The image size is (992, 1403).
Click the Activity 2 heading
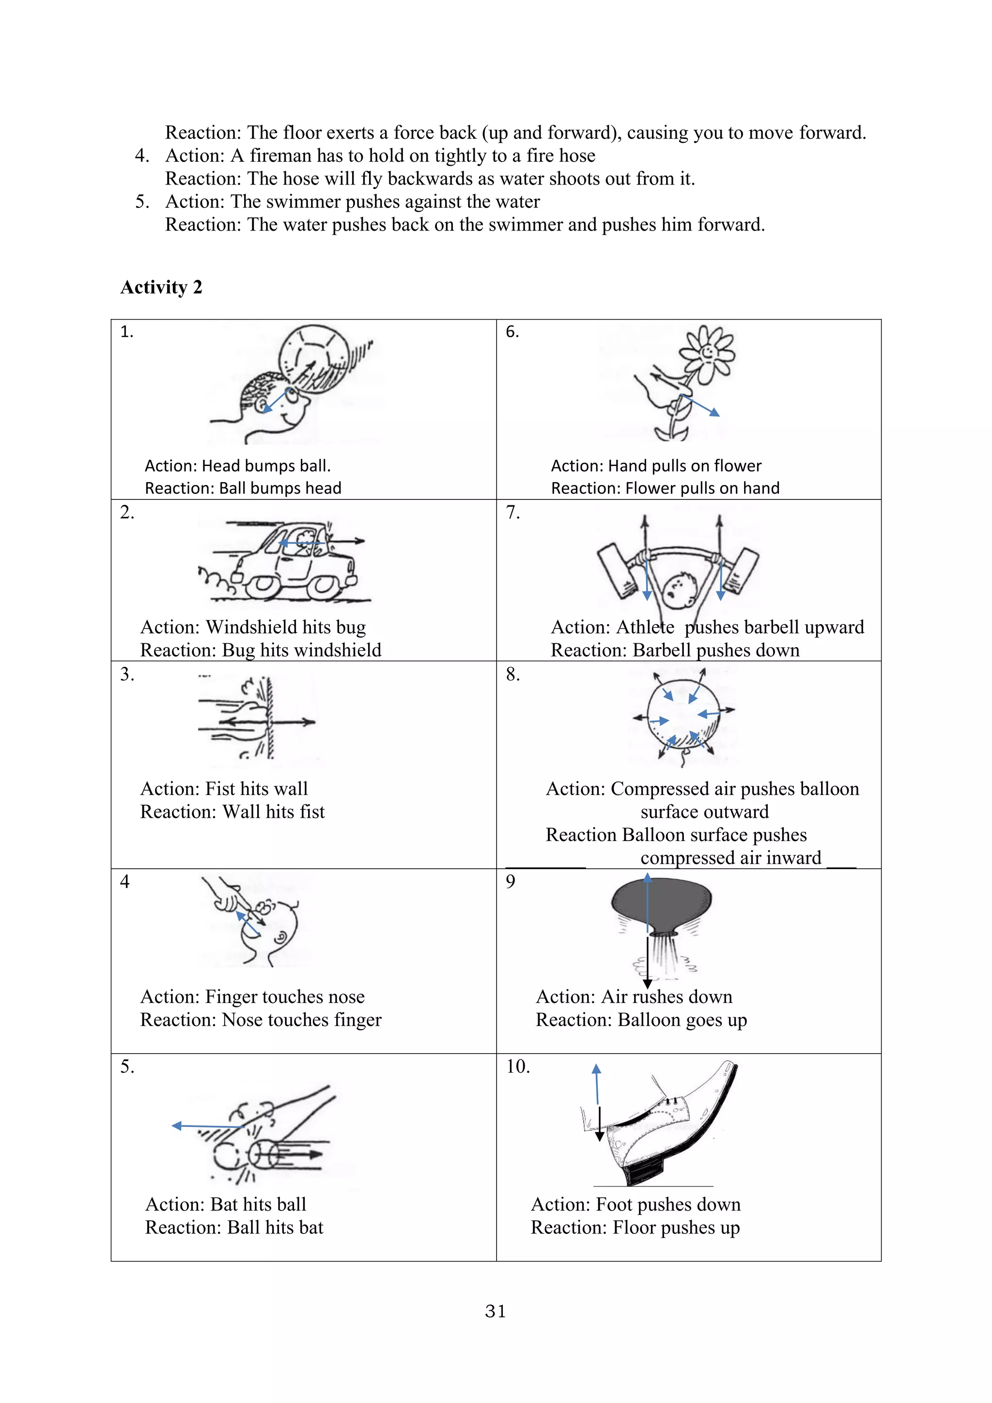click(x=161, y=287)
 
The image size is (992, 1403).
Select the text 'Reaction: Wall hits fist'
click(x=232, y=811)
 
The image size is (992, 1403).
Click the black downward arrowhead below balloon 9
click(x=648, y=984)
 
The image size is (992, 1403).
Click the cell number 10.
click(x=517, y=1067)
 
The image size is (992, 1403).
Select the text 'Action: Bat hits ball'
click(x=225, y=1204)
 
